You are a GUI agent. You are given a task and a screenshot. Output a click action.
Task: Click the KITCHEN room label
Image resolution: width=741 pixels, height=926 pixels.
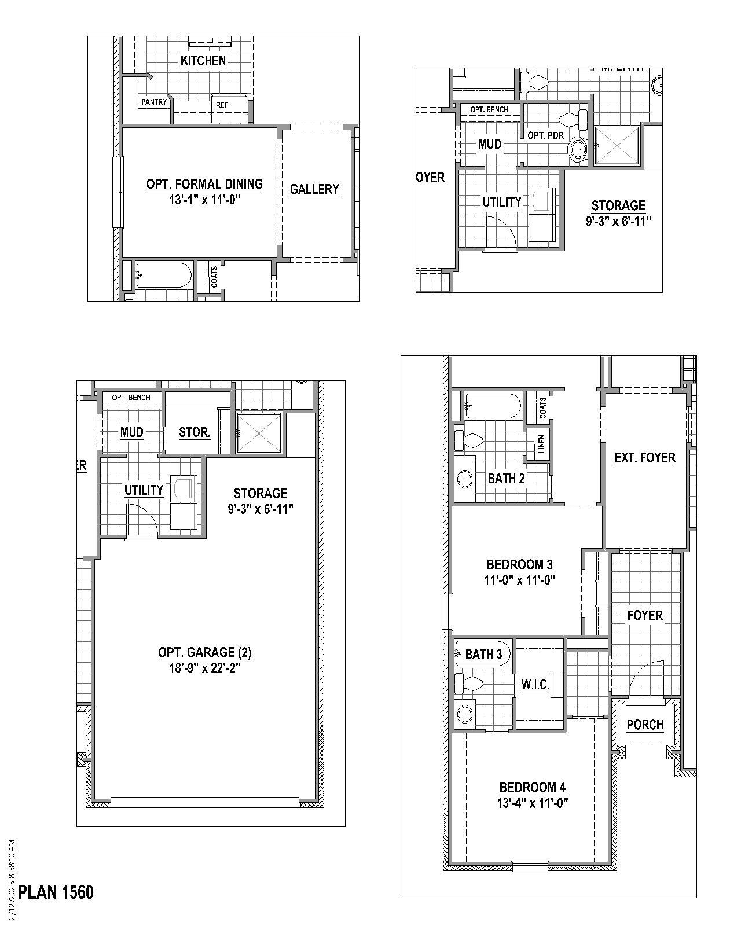point(203,61)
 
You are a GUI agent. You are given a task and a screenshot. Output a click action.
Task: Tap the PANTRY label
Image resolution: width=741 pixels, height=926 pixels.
point(154,102)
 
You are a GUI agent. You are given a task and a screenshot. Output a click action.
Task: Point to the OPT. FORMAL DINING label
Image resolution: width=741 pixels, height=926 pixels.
point(204,184)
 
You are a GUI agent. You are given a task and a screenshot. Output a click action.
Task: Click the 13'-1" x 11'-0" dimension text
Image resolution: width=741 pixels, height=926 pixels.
point(204,200)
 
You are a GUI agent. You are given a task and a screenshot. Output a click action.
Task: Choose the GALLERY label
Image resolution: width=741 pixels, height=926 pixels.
point(314,189)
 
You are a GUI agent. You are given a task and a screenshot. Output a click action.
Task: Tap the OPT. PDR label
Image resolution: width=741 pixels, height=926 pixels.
point(545,135)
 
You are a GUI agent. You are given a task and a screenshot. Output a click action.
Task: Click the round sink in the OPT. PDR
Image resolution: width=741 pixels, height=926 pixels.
point(578,149)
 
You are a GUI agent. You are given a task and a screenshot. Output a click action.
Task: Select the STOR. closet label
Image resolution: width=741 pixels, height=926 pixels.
point(195,432)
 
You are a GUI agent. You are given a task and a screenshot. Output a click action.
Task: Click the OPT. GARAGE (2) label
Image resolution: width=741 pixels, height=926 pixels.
point(204,653)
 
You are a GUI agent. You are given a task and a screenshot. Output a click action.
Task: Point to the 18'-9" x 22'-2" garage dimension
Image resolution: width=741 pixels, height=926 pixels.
point(204,668)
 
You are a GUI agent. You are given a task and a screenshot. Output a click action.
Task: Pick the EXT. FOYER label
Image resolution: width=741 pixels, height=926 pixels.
point(645,458)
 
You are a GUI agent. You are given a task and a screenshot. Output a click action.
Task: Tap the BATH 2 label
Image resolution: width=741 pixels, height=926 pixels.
point(506,479)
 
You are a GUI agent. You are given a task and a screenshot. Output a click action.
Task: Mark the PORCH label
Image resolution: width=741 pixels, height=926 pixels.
point(645,725)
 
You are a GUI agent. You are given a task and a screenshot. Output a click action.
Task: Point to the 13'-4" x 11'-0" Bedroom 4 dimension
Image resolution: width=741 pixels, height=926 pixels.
point(532,803)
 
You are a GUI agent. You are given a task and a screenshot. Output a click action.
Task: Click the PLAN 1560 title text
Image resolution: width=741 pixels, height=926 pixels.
point(56,892)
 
